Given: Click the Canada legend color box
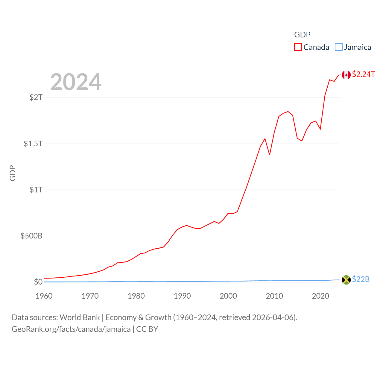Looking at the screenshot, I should tap(298, 47).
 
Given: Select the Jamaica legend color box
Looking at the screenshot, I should tap(338, 47).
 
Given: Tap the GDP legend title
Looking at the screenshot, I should tap(302, 35).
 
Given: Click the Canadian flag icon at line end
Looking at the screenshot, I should tap(346, 75).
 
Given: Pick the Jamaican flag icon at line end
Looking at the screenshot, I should tap(346, 280).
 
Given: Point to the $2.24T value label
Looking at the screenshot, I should tap(363, 74).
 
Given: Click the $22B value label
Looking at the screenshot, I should tap(361, 279).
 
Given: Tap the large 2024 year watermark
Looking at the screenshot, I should tap(76, 82).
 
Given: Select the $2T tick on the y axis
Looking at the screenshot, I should tap(36, 97).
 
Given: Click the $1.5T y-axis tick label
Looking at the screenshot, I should tap(33, 144).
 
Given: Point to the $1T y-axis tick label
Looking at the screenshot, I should tap(36, 190).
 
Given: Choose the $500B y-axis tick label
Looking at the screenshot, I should tap(31, 236).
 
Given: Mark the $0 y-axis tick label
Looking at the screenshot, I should tap(38, 282).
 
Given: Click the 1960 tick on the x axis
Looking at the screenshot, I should tap(44, 296).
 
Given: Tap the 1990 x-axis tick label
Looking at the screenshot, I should tap(182, 296).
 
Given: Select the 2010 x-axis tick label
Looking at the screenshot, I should tap(274, 296).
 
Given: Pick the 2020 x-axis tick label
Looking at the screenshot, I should tap(320, 296).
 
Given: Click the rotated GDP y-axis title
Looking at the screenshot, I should tap(13, 173).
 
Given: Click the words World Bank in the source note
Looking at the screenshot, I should tap(80, 317).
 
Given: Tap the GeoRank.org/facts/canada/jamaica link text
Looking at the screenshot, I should tap(71, 329).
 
